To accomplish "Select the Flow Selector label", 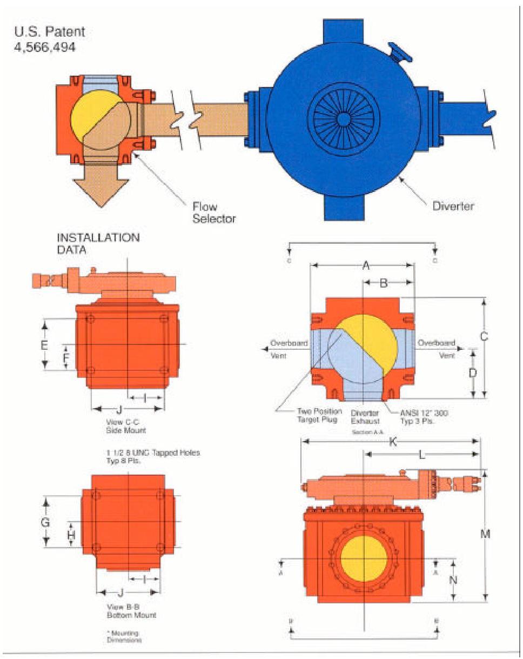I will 214,212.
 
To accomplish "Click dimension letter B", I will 383,283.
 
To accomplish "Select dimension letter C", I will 484,336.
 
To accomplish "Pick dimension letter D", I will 472,372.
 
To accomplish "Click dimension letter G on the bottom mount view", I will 46,522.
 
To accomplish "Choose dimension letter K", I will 393,442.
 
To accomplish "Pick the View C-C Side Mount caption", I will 127,426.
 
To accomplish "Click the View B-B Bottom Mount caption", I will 128,611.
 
